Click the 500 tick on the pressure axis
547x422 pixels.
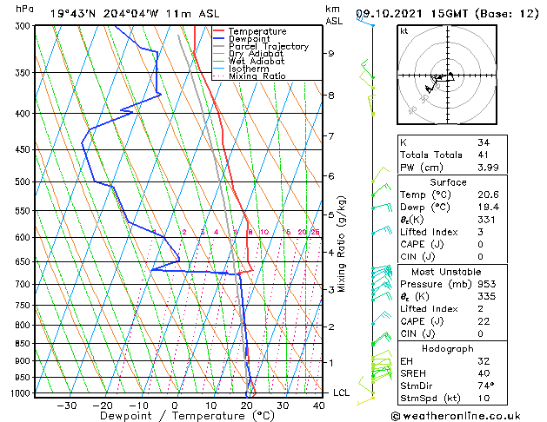[x=23, y=182]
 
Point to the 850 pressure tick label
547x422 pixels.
[x=23, y=344]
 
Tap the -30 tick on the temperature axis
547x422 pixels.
[x=66, y=405]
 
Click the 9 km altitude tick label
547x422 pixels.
[x=331, y=54]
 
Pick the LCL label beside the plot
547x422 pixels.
[x=342, y=392]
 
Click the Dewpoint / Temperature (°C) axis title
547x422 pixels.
[x=175, y=416]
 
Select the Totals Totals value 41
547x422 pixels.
[x=483, y=155]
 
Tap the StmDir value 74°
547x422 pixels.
[x=485, y=386]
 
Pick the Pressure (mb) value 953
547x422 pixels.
[x=485, y=284]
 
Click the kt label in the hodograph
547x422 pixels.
[x=404, y=30]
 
